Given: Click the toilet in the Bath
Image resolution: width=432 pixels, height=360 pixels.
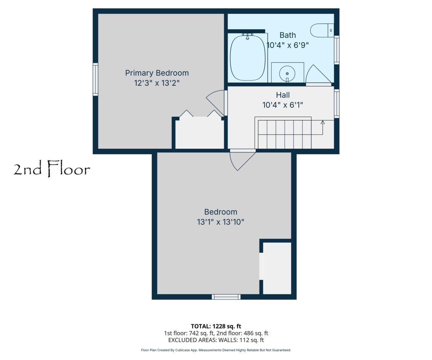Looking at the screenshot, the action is click(x=322, y=30).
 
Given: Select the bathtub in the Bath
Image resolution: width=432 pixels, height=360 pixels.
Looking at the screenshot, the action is click(x=248, y=58).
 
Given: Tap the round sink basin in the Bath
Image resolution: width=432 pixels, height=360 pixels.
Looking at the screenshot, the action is click(x=287, y=74).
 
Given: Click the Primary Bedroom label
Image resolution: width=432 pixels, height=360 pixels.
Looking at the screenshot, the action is click(x=157, y=73).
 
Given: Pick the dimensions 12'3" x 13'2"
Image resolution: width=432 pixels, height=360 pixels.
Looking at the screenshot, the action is click(x=157, y=83).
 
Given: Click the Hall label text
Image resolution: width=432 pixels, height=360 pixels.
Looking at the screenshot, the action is click(x=283, y=95).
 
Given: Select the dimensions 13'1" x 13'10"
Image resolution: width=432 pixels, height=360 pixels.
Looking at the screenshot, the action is click(x=221, y=222).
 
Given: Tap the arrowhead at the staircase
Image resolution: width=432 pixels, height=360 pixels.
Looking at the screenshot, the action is click(x=323, y=122).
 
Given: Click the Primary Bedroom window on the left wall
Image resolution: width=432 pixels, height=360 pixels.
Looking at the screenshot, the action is click(x=95, y=79).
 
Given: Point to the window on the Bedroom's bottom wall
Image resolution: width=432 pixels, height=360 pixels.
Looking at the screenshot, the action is click(x=226, y=297).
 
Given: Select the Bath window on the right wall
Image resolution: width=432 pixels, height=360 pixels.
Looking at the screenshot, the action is click(x=337, y=50).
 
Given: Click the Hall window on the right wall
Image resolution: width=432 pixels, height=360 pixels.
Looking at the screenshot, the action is click(x=337, y=103).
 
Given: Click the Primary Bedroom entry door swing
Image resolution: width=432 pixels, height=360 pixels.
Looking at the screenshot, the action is click(x=215, y=103).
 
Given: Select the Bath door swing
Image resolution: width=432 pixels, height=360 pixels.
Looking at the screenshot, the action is click(x=318, y=75).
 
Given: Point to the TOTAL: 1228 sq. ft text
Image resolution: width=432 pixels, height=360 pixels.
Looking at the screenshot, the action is click(x=216, y=326).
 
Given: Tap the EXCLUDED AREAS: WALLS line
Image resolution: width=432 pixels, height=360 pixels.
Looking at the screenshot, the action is click(x=216, y=340).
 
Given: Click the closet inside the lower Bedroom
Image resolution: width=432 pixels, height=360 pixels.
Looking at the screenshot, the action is click(x=277, y=268).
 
